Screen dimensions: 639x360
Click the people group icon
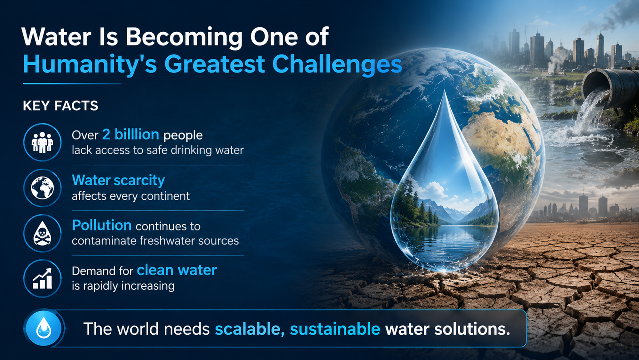(42, 142)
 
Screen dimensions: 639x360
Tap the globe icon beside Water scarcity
(42, 188)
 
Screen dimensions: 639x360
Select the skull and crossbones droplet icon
(42, 233)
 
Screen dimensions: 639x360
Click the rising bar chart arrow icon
(42, 278)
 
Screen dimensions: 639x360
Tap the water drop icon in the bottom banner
(43, 328)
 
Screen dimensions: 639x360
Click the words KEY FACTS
(60, 106)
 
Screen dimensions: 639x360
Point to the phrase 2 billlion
(130, 134)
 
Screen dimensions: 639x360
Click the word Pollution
(102, 225)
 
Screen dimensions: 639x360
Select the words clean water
(177, 270)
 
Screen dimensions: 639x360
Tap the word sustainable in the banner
(335, 329)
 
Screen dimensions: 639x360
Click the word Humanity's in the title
(90, 64)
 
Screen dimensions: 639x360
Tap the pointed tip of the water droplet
(445, 91)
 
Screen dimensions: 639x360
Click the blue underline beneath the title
(72, 84)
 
